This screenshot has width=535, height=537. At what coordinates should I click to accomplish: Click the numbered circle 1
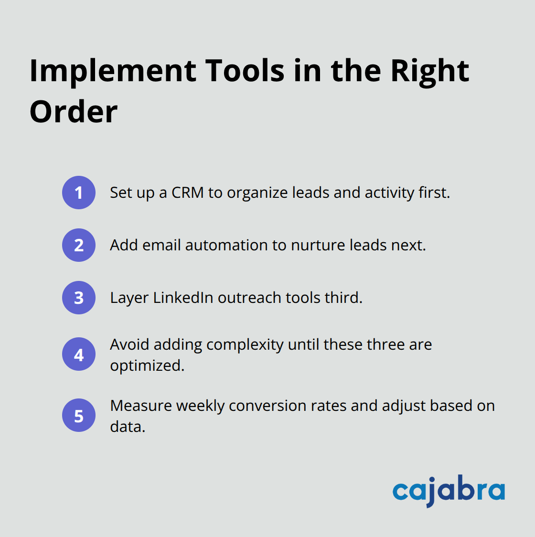click(79, 193)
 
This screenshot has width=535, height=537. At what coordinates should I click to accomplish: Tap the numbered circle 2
click(79, 245)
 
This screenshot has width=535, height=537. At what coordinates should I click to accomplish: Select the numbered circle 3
click(79, 298)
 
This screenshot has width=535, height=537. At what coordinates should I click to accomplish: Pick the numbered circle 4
click(79, 354)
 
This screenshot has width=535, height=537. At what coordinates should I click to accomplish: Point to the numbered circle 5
click(79, 416)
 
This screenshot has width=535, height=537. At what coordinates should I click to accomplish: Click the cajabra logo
click(449, 491)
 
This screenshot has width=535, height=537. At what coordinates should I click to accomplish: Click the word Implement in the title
click(113, 71)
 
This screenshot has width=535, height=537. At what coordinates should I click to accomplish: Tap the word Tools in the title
click(245, 71)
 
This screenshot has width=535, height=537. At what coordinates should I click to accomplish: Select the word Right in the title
click(429, 71)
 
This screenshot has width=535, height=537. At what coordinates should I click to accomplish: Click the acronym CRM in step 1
click(187, 193)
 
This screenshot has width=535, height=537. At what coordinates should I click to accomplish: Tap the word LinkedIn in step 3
click(183, 298)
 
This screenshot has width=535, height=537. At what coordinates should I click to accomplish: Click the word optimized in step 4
click(147, 365)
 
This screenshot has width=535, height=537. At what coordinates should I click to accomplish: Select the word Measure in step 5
click(141, 406)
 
